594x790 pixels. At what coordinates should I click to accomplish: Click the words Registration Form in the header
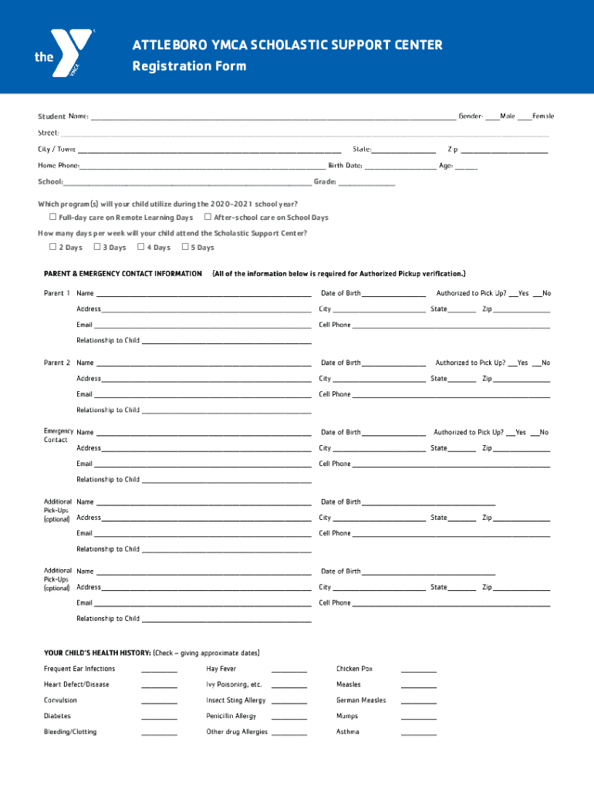[189, 66]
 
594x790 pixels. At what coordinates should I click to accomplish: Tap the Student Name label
[63, 116]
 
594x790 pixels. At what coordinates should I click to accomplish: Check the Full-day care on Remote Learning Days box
[52, 218]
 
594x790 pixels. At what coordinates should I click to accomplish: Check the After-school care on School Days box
[208, 218]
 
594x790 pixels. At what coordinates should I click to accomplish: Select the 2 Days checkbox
[52, 247]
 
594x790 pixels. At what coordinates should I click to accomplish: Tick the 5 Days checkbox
[185, 247]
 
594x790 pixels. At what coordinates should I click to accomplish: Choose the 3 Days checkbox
[97, 247]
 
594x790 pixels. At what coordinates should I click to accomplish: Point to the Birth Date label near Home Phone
[345, 165]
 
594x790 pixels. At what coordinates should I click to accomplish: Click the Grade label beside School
[325, 182]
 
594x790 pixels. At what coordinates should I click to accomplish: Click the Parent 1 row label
[57, 293]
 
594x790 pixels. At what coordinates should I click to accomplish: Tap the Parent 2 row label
[57, 363]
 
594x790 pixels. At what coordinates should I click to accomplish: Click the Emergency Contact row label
[58, 436]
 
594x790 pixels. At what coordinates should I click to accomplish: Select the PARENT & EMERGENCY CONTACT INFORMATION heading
[123, 274]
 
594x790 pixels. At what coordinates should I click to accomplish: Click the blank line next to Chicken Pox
[419, 670]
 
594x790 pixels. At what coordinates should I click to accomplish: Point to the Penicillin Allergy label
[231, 716]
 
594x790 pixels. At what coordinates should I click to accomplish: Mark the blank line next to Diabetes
[160, 717]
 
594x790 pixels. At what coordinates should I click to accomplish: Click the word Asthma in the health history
[347, 731]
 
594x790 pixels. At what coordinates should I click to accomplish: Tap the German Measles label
[361, 701]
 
